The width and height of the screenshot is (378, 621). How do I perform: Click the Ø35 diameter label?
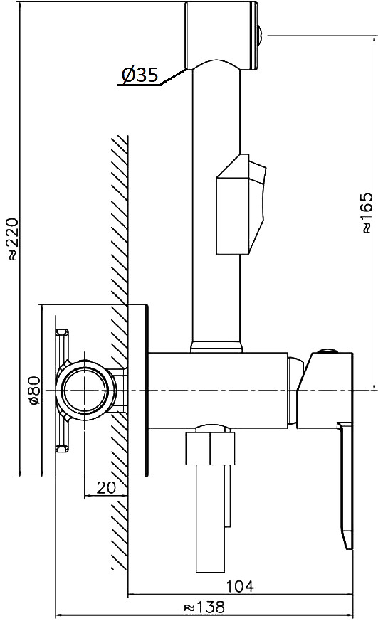click(140, 75)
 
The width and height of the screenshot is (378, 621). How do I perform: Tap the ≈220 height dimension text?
click(11, 239)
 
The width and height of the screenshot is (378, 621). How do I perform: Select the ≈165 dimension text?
click(367, 213)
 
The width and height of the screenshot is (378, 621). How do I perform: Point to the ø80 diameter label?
click(34, 391)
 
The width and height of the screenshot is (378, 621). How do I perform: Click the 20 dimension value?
click(106, 487)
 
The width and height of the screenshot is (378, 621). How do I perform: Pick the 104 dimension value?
click(240, 585)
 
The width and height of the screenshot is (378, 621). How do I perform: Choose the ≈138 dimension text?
click(204, 606)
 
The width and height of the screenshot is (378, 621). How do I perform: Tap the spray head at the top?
click(222, 36)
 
